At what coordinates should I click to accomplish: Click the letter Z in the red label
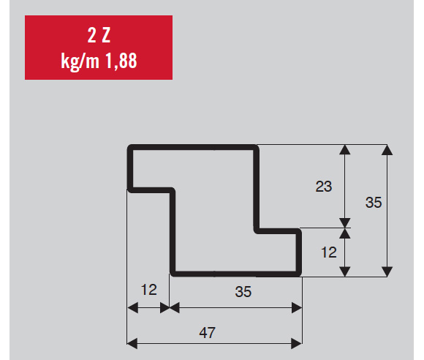(106, 35)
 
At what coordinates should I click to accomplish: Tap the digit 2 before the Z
(91, 35)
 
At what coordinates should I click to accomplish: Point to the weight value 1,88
(121, 61)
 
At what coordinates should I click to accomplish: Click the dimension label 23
(324, 187)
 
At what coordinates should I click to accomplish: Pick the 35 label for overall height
(374, 203)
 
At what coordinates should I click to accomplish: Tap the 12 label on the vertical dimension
(329, 252)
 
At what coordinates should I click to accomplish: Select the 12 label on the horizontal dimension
(148, 290)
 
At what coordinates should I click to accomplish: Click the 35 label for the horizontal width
(243, 292)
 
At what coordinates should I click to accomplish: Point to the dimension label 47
(207, 333)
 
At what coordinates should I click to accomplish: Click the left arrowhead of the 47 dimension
(132, 343)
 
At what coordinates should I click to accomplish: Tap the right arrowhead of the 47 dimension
(297, 343)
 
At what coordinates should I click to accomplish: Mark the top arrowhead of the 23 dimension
(345, 150)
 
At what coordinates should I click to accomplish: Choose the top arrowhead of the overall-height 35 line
(387, 150)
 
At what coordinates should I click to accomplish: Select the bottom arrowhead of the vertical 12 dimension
(345, 271)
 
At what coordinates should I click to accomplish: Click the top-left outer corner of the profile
(128, 145)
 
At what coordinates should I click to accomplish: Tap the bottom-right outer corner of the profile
(301, 276)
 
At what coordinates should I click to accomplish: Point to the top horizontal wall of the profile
(193, 148)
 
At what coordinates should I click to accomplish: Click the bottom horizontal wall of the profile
(236, 274)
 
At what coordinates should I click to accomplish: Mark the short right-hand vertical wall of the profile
(299, 252)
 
